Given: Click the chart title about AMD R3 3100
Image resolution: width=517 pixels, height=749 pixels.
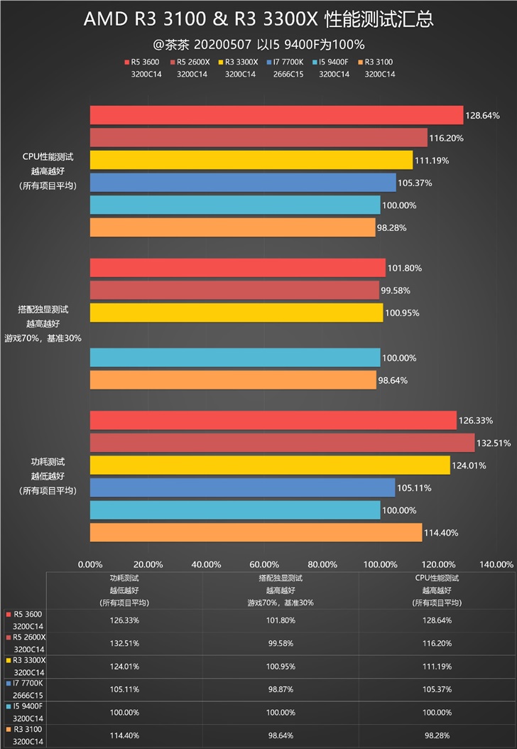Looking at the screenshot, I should (258, 19).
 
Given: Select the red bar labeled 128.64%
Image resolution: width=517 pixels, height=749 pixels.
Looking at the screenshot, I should (276, 115).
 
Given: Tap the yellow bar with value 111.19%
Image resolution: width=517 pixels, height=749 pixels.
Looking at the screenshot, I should (251, 160).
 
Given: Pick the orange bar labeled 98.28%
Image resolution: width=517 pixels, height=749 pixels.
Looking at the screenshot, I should (232, 227).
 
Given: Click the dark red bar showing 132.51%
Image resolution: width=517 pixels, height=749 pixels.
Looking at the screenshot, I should (282, 443).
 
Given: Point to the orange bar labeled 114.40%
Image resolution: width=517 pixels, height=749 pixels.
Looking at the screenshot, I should (256, 533).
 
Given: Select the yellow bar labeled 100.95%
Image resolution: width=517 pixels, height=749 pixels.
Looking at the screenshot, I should (236, 313).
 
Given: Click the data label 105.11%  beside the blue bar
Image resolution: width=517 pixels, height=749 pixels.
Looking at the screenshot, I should (415, 488).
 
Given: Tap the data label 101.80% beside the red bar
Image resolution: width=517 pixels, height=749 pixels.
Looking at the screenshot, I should (405, 269).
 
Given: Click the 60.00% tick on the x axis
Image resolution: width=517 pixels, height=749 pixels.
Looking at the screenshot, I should (264, 564).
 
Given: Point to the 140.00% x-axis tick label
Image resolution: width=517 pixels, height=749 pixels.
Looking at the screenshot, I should (496, 564).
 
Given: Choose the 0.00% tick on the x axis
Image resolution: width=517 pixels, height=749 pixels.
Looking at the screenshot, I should (89, 564).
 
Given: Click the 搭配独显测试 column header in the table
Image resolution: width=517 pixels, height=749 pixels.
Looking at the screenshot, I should (280, 578).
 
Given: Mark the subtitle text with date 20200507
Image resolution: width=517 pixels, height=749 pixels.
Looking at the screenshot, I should (258, 43).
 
